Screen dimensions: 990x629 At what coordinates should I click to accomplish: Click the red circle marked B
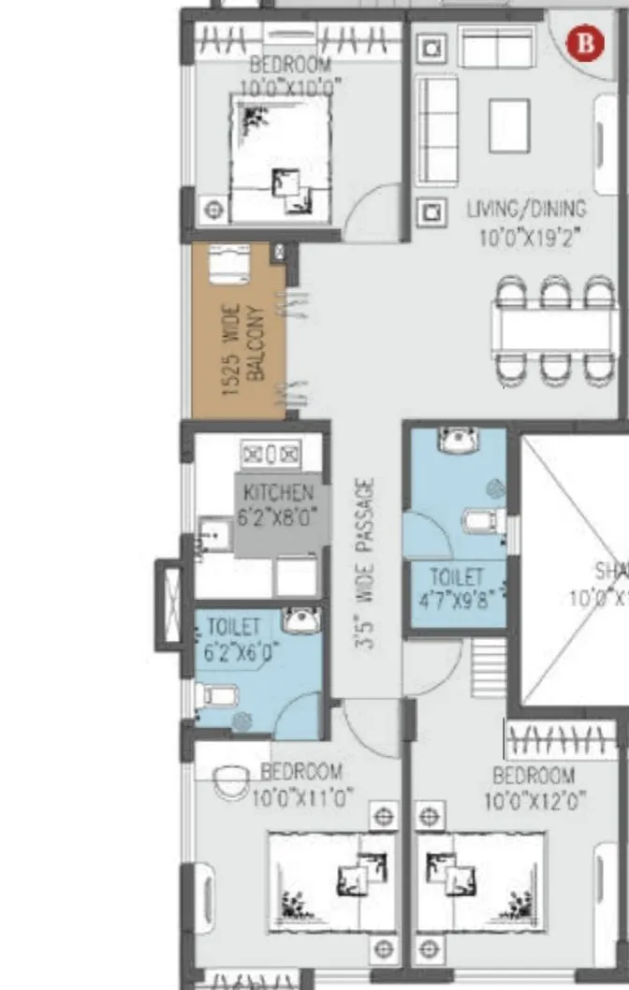(x=586, y=43)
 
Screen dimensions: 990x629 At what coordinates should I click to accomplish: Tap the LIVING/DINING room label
(x=526, y=209)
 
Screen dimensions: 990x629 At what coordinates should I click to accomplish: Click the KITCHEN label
(x=278, y=492)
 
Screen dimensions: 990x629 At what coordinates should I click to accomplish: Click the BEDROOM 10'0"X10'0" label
(x=289, y=76)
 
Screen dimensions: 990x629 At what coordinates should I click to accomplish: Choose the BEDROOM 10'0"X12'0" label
(x=534, y=788)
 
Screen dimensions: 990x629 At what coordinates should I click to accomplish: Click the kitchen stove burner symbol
(x=271, y=455)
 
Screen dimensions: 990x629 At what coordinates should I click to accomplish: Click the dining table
(x=556, y=329)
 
